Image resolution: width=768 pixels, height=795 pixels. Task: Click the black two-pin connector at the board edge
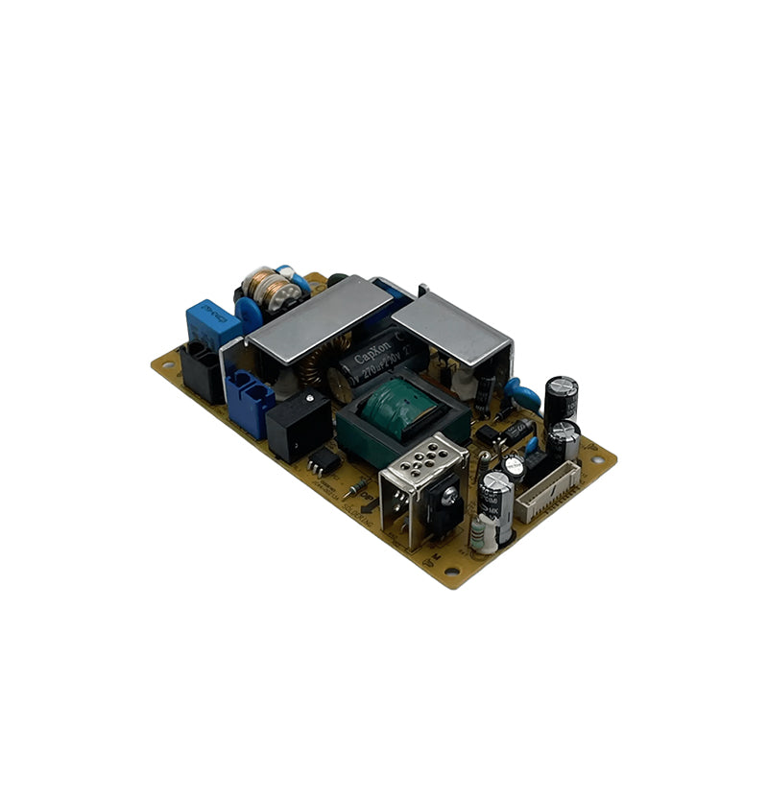pyautogui.click(x=203, y=370)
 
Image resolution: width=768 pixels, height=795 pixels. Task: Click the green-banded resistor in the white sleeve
pyautogui.click(x=486, y=533)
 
